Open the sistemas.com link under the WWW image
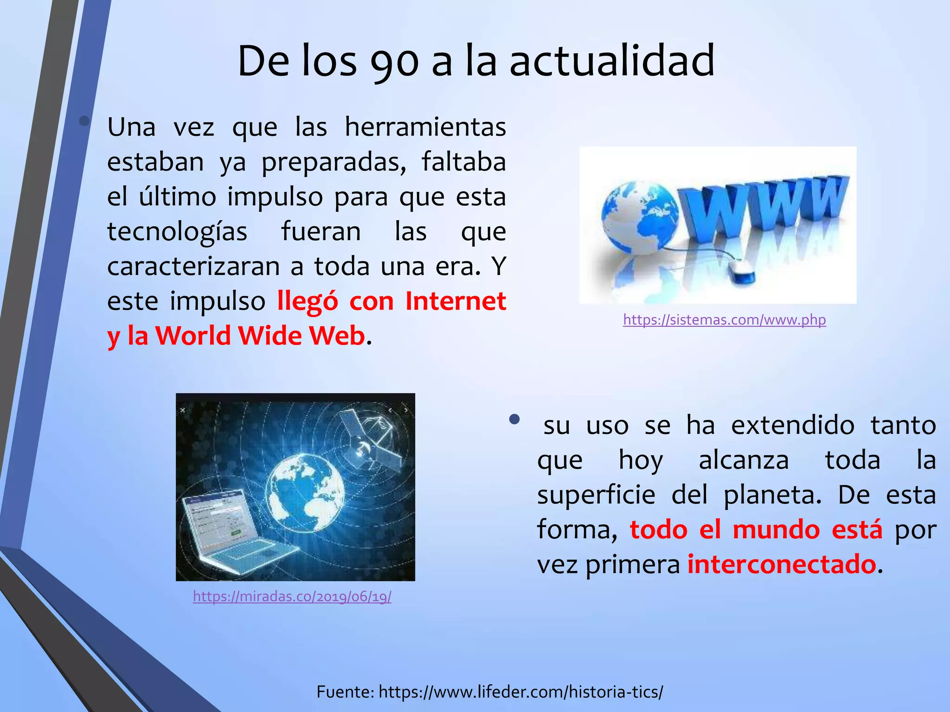pyautogui.click(x=724, y=320)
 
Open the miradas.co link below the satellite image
pyautogui.click(x=292, y=596)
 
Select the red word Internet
pyautogui.click(x=456, y=301)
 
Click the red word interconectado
pyautogui.click(x=782, y=565)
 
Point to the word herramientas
pyautogui.click(x=425, y=127)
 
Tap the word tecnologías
pyautogui.click(x=177, y=232)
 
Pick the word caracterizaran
pyautogui.click(x=193, y=267)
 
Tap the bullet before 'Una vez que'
pyautogui.click(x=84, y=121)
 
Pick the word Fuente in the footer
pyautogui.click(x=345, y=692)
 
